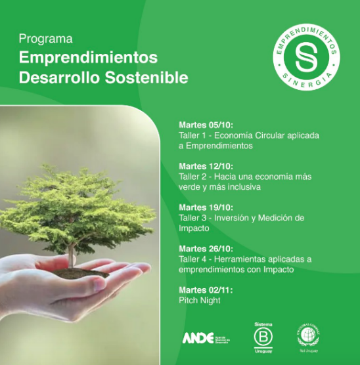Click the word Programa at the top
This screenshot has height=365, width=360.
point(45,39)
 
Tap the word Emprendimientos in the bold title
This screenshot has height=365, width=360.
point(88,57)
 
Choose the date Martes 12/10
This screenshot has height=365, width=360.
point(206,167)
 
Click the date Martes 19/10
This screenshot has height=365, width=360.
point(206,208)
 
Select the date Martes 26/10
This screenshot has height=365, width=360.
point(206,249)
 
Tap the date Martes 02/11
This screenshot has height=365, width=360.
point(206,290)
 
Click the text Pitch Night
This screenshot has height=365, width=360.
point(200,301)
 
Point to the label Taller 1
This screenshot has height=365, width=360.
point(192,136)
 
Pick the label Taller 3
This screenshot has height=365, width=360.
point(192,218)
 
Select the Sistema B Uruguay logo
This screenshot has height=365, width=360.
point(262,337)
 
